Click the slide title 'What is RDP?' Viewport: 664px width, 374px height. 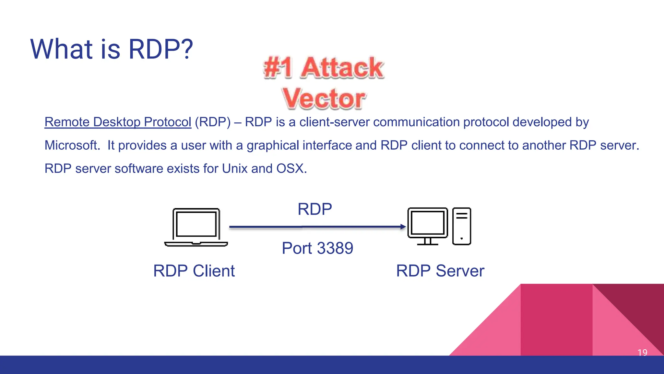pos(112,49)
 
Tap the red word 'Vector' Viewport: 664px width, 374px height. pos(324,98)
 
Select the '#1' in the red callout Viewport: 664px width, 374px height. pos(278,68)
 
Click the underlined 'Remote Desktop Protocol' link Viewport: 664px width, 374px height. pos(118,122)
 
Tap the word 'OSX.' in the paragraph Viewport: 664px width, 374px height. pos(291,168)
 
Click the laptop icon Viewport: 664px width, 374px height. pos(196,227)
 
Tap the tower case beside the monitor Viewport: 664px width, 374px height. pos(461,226)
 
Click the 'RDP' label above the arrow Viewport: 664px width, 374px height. pos(314,209)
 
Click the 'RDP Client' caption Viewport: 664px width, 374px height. pos(194,271)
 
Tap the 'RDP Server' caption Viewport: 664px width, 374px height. pos(440,271)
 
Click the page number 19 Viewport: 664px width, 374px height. pos(642,352)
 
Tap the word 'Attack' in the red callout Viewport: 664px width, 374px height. pos(342,68)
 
